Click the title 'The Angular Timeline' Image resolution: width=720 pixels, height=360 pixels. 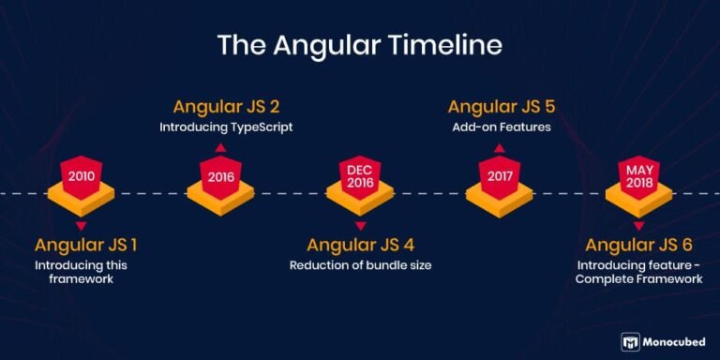point(360,45)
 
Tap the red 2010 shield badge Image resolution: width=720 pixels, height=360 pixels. point(81,174)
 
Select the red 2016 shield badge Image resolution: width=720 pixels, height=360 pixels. point(220,174)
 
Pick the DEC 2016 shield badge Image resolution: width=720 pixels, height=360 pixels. point(360,174)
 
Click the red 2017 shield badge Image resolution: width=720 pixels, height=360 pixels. point(500,174)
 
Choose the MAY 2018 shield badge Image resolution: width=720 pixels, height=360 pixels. point(638,174)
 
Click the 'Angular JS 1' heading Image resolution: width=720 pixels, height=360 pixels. point(85,246)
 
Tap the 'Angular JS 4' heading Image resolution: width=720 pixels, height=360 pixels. point(360,246)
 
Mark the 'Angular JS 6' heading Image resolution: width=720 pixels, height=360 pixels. point(638,246)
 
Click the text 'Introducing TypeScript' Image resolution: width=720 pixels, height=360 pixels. point(226,127)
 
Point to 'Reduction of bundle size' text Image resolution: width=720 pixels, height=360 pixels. point(360,266)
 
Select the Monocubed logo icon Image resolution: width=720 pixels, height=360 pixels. point(631,342)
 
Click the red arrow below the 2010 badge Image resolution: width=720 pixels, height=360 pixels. point(81,226)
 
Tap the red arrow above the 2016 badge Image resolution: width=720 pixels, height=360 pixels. point(220,148)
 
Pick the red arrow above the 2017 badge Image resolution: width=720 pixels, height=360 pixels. point(500,148)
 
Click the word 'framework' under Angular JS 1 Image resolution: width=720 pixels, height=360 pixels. point(84,279)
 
